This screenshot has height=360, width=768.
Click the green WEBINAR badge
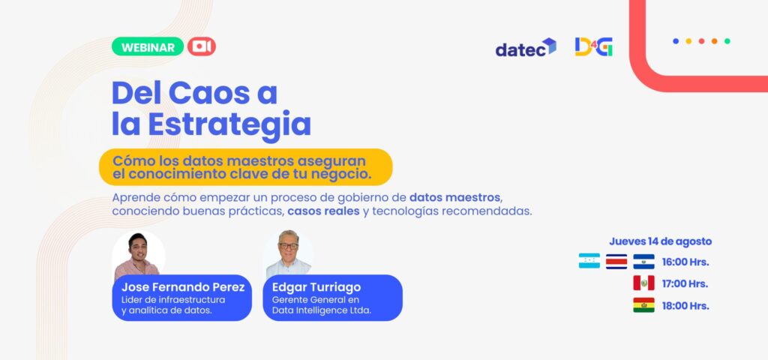pos(148,47)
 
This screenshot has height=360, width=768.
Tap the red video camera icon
pos(201,46)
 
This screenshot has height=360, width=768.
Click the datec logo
pos(526,47)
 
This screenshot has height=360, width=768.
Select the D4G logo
pos(594,47)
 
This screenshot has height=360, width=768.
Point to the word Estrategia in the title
pos(229,124)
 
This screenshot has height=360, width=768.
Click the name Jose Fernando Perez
pos(183,287)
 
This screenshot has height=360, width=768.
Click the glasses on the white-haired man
pos(289,246)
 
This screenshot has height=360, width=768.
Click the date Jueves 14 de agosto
pos(660,241)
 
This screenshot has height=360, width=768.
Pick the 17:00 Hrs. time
pos(685,284)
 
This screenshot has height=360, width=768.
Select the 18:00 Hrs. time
pos(685,306)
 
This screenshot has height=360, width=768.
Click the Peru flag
pos(643,283)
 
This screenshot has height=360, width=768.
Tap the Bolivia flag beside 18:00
pos(643,304)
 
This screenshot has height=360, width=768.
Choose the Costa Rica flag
pos(616,261)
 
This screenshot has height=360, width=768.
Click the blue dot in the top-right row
pos(676,41)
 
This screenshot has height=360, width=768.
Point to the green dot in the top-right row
pos(727,41)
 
